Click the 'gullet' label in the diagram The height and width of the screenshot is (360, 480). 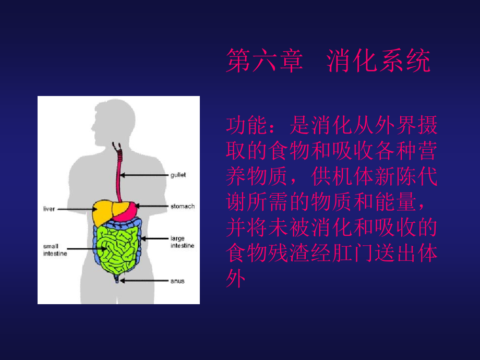178,175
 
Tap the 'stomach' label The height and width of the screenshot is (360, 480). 182,206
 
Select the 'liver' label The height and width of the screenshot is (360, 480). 49,209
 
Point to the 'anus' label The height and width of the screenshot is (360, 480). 177,281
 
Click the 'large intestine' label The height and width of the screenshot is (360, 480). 182,242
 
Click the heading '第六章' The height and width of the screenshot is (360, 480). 265,61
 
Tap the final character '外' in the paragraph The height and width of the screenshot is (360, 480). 236,279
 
